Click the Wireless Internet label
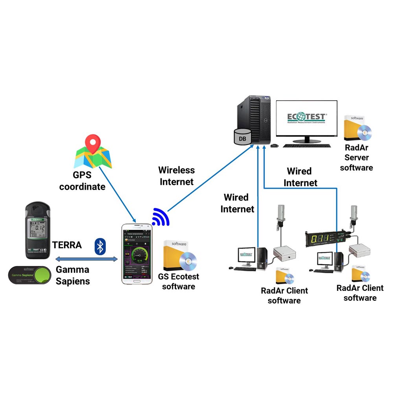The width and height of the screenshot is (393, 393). click(x=176, y=176)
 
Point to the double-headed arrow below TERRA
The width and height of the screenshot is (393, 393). click(x=86, y=259)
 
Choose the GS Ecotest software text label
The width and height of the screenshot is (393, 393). click(x=178, y=281)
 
